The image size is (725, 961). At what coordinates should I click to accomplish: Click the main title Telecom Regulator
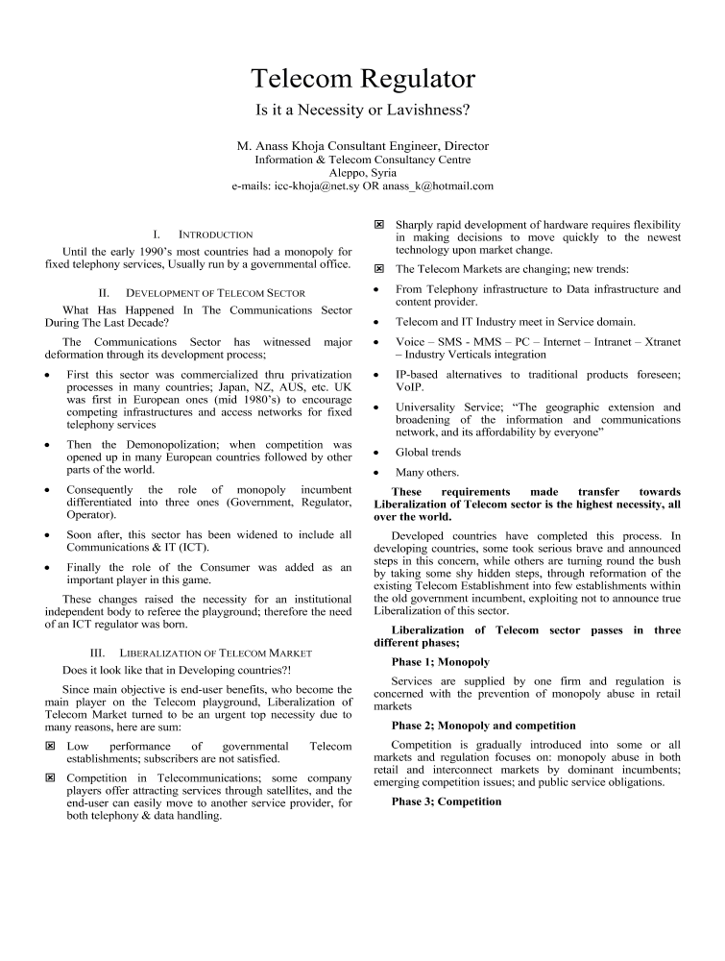click(363, 78)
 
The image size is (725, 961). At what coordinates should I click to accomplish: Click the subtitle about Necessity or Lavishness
click(363, 110)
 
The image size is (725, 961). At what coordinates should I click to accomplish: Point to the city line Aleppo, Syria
click(363, 173)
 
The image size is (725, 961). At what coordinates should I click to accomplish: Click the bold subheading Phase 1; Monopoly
click(441, 662)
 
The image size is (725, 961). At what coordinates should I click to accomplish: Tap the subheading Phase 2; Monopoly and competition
click(484, 726)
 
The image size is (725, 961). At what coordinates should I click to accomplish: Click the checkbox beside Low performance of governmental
click(52, 746)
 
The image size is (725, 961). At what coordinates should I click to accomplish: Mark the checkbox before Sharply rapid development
click(379, 224)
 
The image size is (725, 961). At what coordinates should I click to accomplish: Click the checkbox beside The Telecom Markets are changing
click(379, 269)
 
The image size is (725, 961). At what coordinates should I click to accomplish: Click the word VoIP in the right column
click(409, 386)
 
